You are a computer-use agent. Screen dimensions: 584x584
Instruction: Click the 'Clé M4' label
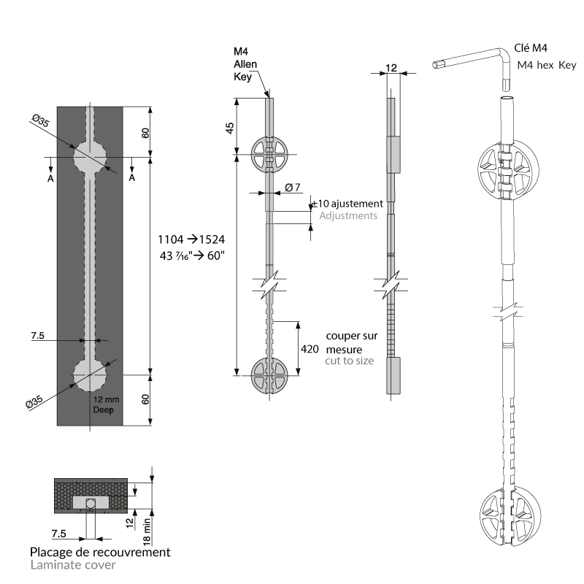tap(531, 49)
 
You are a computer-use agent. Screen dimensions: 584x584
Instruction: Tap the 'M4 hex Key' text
tap(546, 65)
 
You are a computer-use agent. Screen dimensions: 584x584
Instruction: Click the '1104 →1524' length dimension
tap(192, 239)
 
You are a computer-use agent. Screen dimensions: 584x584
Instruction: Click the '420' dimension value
tap(310, 349)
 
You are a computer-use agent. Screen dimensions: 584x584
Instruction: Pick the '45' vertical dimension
tap(230, 127)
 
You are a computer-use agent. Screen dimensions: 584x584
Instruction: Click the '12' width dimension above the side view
tap(391, 68)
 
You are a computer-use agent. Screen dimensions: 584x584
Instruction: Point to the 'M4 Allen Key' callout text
tap(243, 64)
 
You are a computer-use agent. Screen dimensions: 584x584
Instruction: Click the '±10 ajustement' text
tap(347, 204)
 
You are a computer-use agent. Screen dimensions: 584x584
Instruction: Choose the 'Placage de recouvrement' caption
tap(101, 552)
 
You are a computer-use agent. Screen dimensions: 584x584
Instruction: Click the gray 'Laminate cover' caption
tap(73, 564)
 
